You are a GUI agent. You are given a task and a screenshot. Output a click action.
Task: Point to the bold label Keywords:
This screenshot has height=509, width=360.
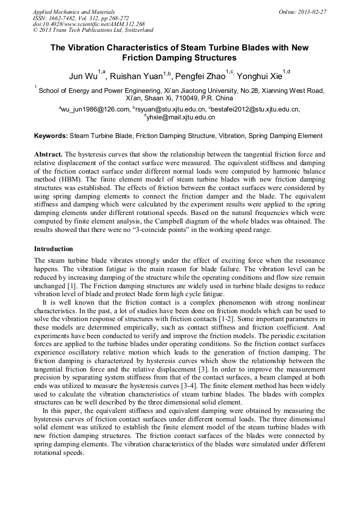pos(51,136)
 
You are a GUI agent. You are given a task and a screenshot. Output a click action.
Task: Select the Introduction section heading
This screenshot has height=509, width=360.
pos(54,249)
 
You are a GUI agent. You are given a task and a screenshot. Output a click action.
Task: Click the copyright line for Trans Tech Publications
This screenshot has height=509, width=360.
pos(93,30)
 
